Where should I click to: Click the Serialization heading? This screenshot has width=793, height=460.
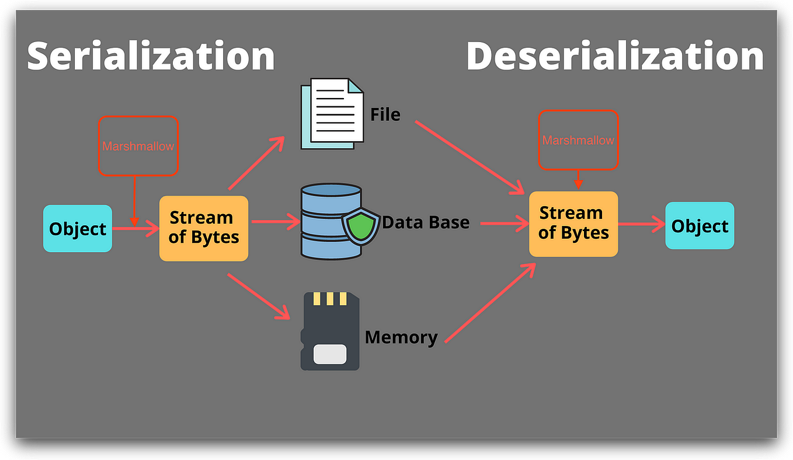coord(151,57)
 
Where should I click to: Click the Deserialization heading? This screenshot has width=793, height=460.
coord(614,57)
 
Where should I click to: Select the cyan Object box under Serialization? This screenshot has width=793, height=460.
coord(78,229)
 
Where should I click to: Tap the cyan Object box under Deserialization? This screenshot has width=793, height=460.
coord(700,226)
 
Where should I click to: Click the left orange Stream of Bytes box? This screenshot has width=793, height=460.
coord(204,228)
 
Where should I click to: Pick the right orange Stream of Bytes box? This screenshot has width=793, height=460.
coord(573,224)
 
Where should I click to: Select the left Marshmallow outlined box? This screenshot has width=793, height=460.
coord(138,146)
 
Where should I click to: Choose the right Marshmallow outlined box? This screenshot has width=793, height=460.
coord(578,140)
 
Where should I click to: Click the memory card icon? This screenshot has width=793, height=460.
coord(330,331)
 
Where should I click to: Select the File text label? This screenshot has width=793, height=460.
coord(385,114)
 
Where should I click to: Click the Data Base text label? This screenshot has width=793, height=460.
coord(426,222)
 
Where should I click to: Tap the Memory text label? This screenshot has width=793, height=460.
coord(401,337)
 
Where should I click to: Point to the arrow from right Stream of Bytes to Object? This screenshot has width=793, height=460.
coord(641,224)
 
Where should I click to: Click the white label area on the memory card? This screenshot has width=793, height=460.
coord(330,354)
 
